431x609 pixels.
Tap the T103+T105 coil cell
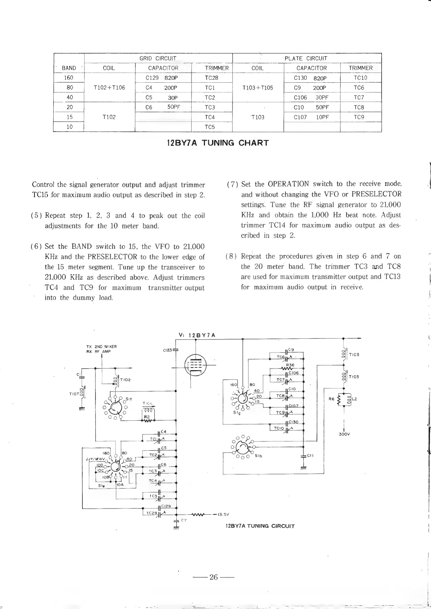point(257,87)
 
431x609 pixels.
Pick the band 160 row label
point(69,78)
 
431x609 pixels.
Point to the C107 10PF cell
point(311,117)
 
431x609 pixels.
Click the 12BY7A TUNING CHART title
point(218,143)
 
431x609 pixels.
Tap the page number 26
point(213,577)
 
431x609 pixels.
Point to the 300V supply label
point(344,434)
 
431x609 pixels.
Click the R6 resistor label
point(331,399)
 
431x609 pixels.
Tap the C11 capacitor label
point(310,456)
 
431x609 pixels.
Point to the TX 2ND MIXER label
point(101,346)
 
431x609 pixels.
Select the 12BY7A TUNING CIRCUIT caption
point(260,526)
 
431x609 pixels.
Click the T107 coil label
point(74,394)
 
